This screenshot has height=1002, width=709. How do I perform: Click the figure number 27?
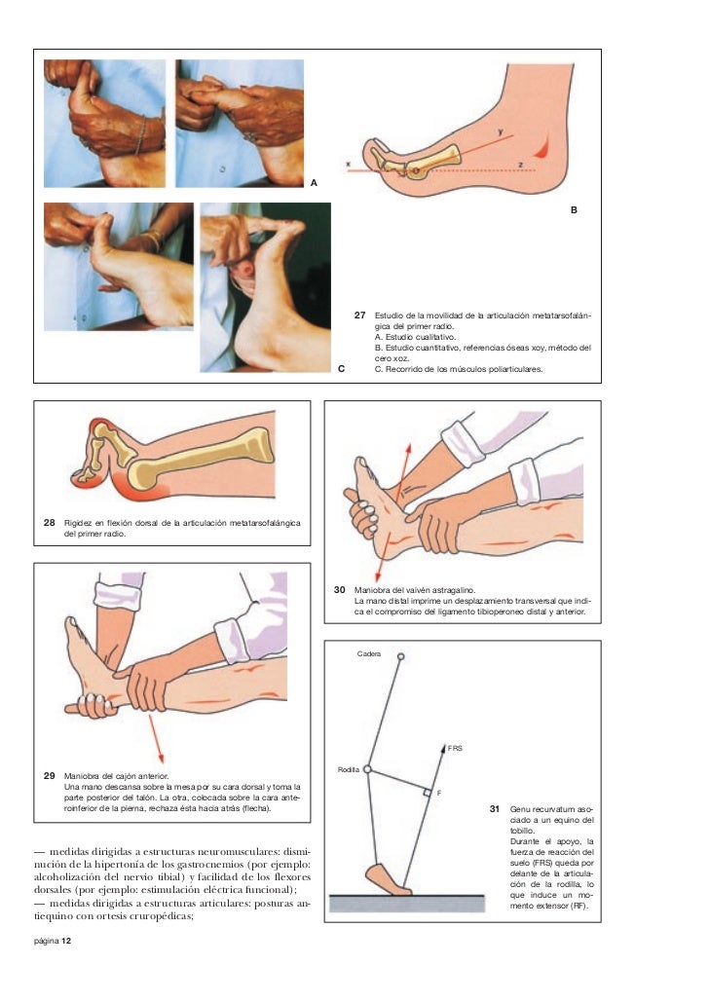click(360, 315)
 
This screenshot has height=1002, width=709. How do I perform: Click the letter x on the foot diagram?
click(349, 165)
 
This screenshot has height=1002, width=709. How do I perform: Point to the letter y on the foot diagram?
click(501, 131)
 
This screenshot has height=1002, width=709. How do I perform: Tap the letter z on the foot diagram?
click(520, 165)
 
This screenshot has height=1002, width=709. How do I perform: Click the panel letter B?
click(574, 209)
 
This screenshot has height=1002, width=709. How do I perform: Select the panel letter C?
click(341, 369)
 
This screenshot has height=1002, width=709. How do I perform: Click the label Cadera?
click(369, 653)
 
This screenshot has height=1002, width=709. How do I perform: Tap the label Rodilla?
click(349, 769)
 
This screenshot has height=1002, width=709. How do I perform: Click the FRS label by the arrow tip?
click(455, 748)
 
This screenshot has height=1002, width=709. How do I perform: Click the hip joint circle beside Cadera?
click(401, 656)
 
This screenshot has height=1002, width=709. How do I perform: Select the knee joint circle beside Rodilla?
click(367, 769)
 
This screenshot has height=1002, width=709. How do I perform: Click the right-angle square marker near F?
click(428, 793)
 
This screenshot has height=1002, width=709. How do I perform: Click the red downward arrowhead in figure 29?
click(161, 758)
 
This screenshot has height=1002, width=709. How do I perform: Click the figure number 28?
click(50, 522)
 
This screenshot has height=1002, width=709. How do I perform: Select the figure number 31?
click(494, 808)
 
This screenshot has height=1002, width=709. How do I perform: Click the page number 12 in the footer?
click(66, 940)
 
